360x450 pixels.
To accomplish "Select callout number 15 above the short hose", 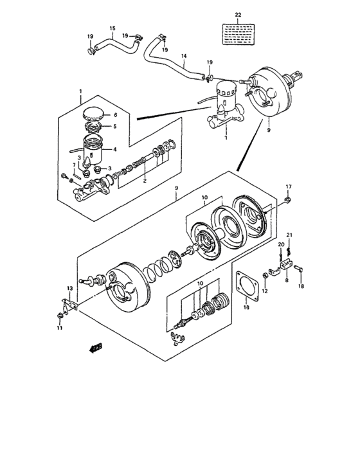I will pyautogui.click(x=112, y=28).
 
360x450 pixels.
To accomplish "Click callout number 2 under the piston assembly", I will pyautogui.click(x=145, y=183).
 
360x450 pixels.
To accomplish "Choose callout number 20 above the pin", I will pyautogui.click(x=281, y=245).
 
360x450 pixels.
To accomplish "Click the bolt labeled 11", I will pyautogui.click(x=60, y=314).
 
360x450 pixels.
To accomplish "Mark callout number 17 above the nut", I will pyautogui.click(x=288, y=187).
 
